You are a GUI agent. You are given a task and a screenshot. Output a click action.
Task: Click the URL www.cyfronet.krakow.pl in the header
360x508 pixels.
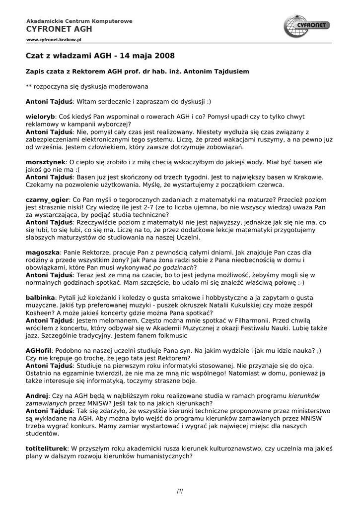point(54,39)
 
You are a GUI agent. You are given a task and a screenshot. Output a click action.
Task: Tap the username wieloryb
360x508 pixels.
point(40,116)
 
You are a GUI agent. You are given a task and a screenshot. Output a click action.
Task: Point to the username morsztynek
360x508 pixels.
point(46,162)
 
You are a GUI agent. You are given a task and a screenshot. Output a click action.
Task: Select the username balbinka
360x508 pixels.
point(40,298)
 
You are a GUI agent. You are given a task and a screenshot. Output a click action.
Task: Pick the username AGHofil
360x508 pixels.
point(39,350)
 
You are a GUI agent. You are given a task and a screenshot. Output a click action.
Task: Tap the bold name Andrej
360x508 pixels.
point(37,396)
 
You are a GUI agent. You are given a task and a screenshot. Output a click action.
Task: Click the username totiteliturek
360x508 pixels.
point(46,448)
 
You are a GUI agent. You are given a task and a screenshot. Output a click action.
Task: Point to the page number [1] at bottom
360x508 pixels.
point(180,491)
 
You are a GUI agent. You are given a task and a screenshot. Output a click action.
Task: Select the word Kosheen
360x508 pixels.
point(39,313)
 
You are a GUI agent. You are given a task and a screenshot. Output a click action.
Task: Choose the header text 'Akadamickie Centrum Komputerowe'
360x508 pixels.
point(79,21)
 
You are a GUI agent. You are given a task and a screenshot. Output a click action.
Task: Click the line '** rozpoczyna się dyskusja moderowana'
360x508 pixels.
point(87,86)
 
